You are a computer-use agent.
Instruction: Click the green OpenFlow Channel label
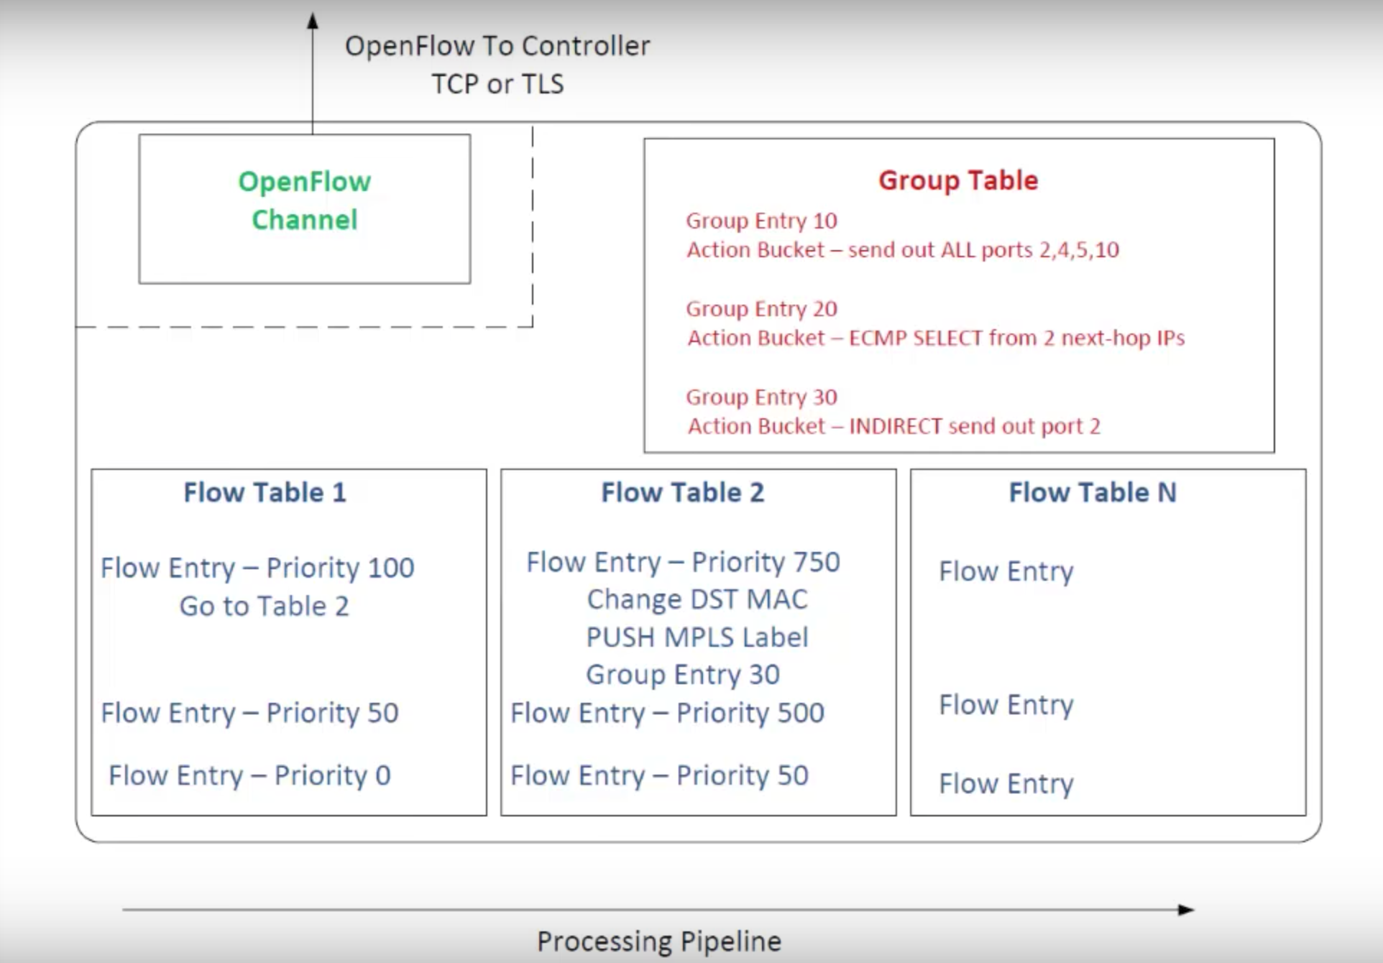(x=305, y=201)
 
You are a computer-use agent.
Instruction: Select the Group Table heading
(x=958, y=180)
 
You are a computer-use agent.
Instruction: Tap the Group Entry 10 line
(x=761, y=221)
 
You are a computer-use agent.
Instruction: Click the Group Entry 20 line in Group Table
(x=761, y=309)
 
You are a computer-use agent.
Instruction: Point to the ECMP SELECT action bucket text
(x=935, y=338)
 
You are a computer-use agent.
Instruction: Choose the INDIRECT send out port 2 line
(x=893, y=426)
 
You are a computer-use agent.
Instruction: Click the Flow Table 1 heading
(x=265, y=492)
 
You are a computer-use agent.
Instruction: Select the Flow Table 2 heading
(x=682, y=492)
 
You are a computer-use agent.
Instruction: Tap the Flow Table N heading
(x=1092, y=492)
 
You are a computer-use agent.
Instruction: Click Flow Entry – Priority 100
(x=257, y=568)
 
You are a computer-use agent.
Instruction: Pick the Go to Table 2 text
(x=264, y=606)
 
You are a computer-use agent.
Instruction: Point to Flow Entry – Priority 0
(x=249, y=775)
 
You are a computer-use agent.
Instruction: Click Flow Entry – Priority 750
(x=683, y=562)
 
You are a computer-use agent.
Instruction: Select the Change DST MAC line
(x=697, y=599)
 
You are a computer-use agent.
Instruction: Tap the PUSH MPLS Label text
(x=697, y=637)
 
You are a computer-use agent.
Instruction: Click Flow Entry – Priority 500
(x=667, y=713)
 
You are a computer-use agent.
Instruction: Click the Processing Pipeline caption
(x=658, y=941)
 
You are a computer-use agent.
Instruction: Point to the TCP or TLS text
(x=497, y=84)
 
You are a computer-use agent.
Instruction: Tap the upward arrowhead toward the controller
(x=313, y=22)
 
